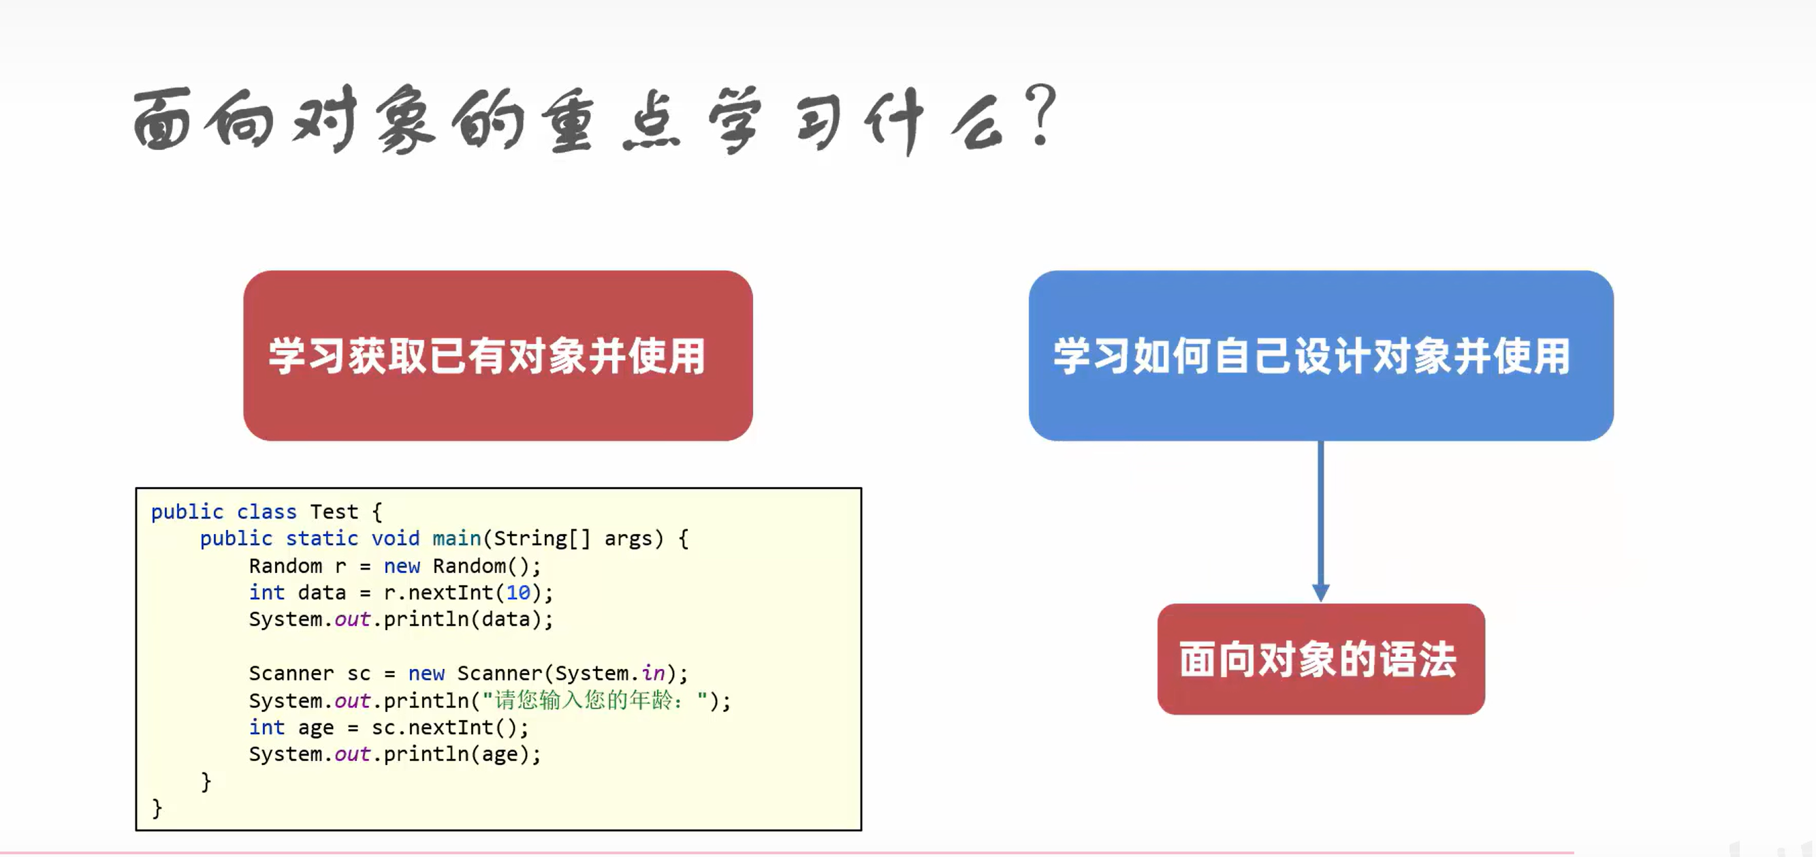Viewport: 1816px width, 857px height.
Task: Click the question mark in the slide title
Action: click(x=1042, y=113)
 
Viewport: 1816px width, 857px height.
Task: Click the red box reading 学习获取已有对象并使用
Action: click(x=498, y=356)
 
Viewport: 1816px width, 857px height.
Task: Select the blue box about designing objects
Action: click(x=1320, y=356)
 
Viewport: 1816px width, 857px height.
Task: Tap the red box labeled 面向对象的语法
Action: click(x=1320, y=659)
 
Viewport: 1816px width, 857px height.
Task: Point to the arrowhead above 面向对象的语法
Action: click(x=1320, y=591)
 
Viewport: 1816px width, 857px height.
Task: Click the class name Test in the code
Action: click(x=334, y=512)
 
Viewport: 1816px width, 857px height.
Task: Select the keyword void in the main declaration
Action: click(x=395, y=538)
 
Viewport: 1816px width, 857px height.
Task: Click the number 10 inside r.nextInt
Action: click(x=518, y=593)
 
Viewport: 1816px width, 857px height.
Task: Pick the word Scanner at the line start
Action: click(x=291, y=674)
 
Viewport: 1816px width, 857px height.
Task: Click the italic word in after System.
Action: click(x=653, y=674)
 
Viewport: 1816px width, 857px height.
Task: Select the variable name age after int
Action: click(x=316, y=727)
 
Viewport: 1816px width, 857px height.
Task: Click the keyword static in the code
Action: click(x=321, y=538)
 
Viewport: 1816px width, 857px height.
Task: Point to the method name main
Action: click(x=456, y=538)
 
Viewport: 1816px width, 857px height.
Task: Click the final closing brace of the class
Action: click(x=157, y=808)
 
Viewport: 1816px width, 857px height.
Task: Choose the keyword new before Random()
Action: click(x=401, y=565)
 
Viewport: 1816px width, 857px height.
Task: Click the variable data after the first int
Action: click(x=321, y=593)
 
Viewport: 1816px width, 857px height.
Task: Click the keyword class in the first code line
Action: click(x=266, y=512)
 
